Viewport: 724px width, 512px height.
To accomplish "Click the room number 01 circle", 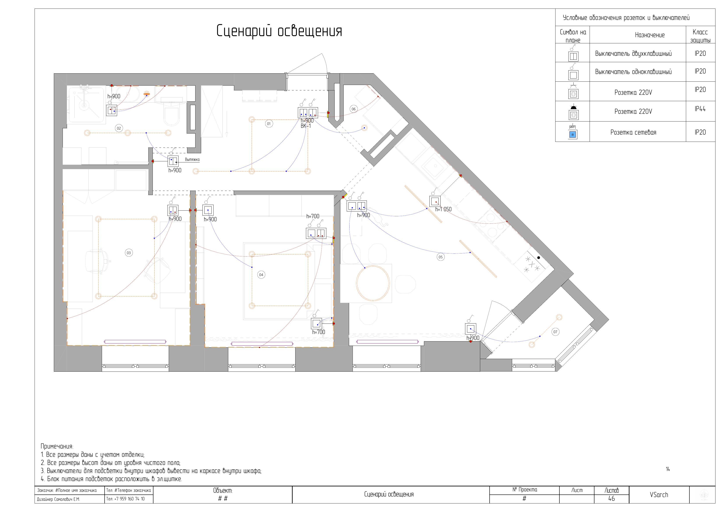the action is pyautogui.click(x=269, y=124).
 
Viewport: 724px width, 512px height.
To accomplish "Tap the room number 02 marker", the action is pyautogui.click(x=119, y=128).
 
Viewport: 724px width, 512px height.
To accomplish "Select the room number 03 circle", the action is pyautogui.click(x=129, y=253).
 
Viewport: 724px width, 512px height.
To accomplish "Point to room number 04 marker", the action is pyautogui.click(x=261, y=274).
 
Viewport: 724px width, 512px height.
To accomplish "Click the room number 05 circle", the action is pyautogui.click(x=441, y=257).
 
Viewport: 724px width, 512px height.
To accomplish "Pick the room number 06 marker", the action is pyautogui.click(x=353, y=109).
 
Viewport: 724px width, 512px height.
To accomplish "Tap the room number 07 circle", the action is pyautogui.click(x=555, y=332).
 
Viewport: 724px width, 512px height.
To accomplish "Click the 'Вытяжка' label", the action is pyautogui.click(x=192, y=160).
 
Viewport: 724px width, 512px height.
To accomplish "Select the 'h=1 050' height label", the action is pyautogui.click(x=443, y=209).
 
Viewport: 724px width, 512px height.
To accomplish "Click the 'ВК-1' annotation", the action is pyautogui.click(x=306, y=126).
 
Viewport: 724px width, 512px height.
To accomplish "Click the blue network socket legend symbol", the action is pyautogui.click(x=573, y=135).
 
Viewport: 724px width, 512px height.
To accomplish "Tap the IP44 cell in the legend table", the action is pyautogui.click(x=700, y=109).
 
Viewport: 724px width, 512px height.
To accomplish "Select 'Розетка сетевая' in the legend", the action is pyautogui.click(x=633, y=132).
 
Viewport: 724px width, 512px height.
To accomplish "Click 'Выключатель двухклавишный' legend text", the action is pyautogui.click(x=633, y=53).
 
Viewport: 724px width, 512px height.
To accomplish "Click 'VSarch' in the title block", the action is pyautogui.click(x=659, y=495).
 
